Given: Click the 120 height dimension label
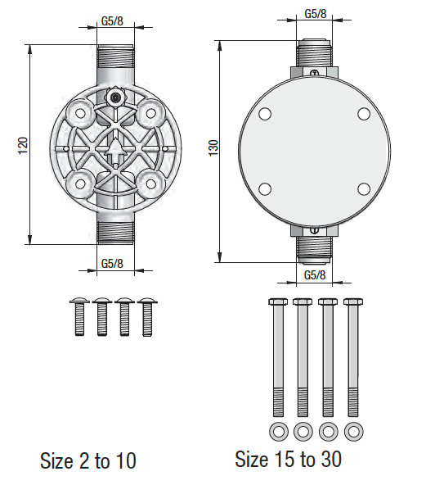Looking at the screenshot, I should tap(23, 145).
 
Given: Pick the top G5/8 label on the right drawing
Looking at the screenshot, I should tap(315, 14).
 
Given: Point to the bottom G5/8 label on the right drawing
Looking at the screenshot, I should tap(315, 274).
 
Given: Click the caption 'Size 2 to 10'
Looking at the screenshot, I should tap(88, 461).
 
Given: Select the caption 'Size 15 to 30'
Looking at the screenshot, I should tap(288, 459).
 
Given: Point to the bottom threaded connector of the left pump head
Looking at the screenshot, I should tap(113, 231).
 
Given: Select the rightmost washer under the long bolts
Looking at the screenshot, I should tap(353, 431).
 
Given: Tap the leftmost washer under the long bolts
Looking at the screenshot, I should tap(277, 431).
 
